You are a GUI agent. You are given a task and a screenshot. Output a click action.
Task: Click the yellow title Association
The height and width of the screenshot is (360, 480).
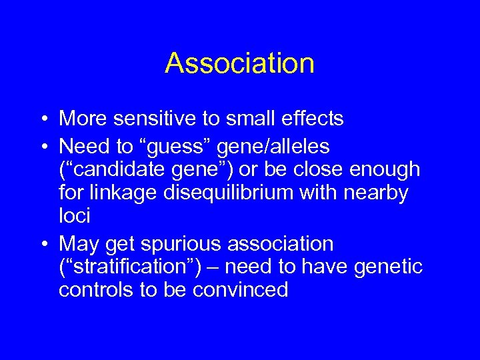click(239, 63)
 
